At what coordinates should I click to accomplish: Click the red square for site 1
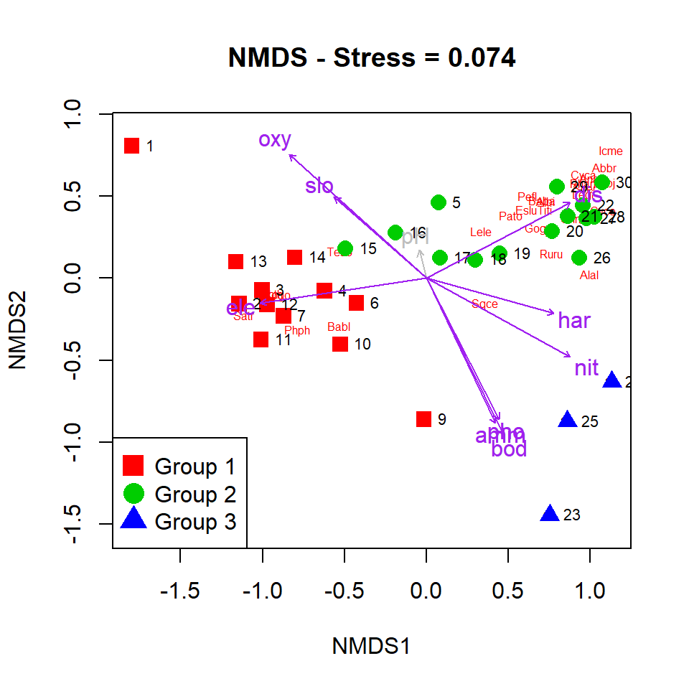pos(131,146)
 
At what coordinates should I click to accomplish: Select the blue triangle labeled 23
pos(550,514)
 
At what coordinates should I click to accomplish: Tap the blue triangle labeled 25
pos(568,420)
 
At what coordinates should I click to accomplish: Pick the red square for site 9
pos(423,419)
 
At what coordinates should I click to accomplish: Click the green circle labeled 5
pos(439,202)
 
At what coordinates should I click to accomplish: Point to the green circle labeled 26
pos(579,258)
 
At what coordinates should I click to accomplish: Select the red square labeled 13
pos(235,261)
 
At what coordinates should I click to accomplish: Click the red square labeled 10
pos(340,344)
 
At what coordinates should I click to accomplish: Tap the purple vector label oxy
pos(275,140)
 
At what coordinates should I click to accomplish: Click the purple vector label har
pos(574,321)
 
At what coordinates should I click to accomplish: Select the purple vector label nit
pos(586,369)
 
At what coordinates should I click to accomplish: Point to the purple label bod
pos(510,450)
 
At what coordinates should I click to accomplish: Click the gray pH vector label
pos(416,238)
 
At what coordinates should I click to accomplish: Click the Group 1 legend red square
pos(133,466)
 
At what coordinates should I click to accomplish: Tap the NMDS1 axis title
pos(371,646)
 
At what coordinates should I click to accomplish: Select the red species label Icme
pos(610,151)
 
